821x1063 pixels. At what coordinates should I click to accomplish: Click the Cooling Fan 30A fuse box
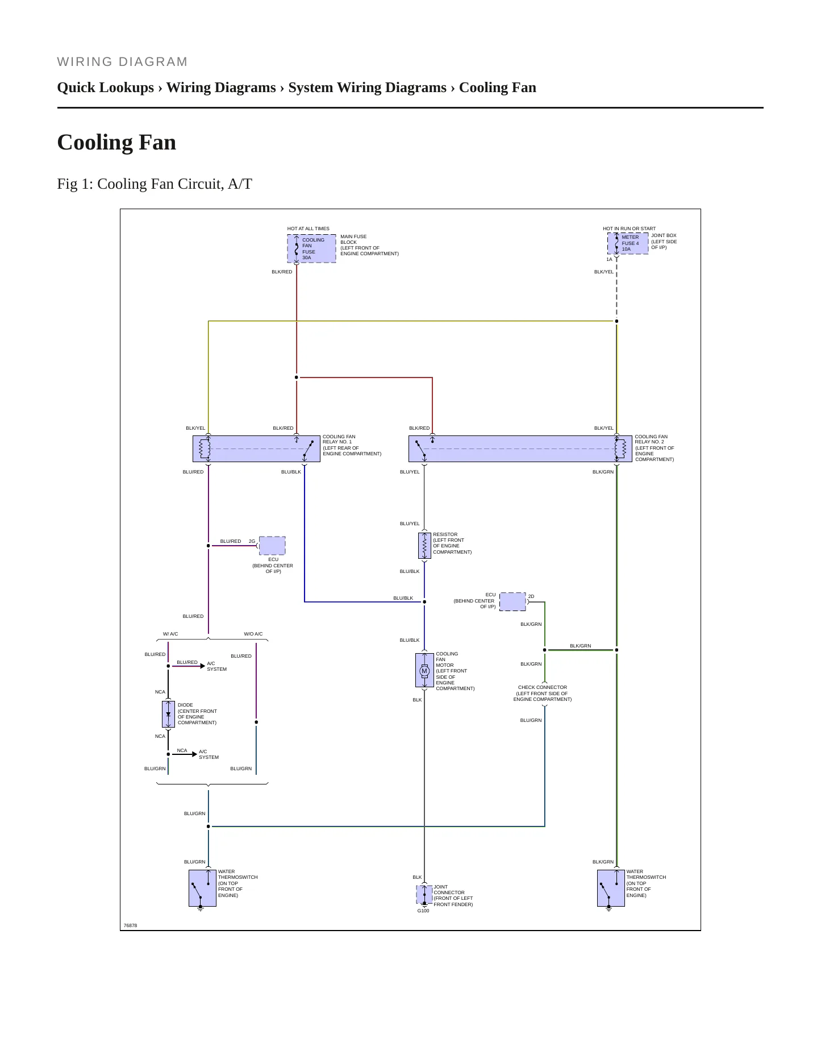tap(311, 248)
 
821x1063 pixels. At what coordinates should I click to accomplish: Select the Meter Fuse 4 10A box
tap(628, 243)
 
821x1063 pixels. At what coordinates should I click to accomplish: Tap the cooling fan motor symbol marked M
tap(424, 671)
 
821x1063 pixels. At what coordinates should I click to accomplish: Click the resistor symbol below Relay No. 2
tap(424, 546)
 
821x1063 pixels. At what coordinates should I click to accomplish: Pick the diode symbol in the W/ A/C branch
tap(168, 714)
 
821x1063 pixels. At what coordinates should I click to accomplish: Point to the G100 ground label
tap(423, 911)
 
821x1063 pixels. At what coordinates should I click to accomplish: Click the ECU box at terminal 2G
tap(272, 546)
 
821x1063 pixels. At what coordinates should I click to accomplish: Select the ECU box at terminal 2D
tap(512, 601)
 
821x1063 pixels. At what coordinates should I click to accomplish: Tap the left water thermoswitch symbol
tap(202, 888)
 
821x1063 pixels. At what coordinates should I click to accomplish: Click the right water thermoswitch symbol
tap(611, 888)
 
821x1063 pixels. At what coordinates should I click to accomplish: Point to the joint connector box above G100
tap(424, 894)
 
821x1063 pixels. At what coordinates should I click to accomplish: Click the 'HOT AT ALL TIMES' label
tap(309, 229)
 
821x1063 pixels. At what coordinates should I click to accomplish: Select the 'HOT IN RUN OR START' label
tap(629, 229)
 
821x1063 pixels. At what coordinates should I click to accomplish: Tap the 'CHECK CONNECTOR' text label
tap(543, 687)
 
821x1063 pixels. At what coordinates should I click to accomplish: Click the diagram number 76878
tap(130, 925)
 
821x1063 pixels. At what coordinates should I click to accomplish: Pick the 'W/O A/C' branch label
tap(253, 634)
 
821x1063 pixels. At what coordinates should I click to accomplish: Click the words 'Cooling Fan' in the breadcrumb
tap(498, 88)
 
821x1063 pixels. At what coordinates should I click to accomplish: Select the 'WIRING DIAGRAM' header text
tap(122, 62)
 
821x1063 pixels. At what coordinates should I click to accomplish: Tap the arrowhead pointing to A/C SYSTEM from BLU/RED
tap(203, 666)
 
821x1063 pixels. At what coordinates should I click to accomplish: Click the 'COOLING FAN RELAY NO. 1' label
tap(339, 439)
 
